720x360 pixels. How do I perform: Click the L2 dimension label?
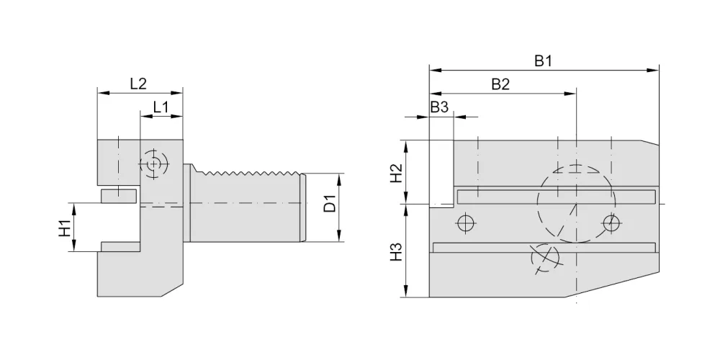click(x=138, y=84)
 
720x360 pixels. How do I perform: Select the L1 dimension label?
click(x=161, y=107)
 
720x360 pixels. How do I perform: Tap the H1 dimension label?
click(x=66, y=228)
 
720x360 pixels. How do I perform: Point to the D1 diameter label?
click(x=330, y=204)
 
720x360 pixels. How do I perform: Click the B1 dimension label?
click(x=543, y=60)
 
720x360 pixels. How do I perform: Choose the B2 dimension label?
click(x=500, y=84)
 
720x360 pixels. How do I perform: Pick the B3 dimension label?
click(x=439, y=107)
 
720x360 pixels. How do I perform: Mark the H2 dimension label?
click(x=396, y=173)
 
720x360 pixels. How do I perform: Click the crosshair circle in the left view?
click(x=154, y=163)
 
